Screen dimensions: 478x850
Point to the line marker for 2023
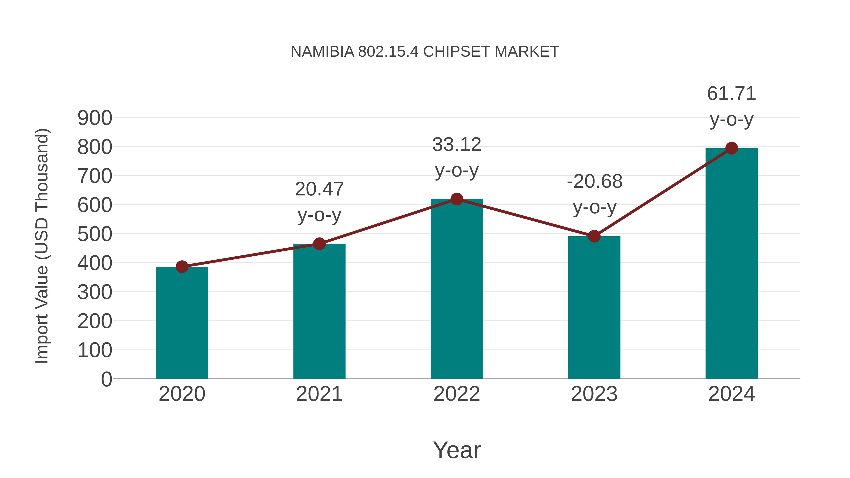[x=594, y=236]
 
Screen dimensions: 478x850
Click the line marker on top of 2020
[x=182, y=266]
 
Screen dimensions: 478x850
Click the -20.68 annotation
[x=595, y=182]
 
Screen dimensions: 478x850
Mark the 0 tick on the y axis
[x=106, y=379]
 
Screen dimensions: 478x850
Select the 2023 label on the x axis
[x=594, y=394]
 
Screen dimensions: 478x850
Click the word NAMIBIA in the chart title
[x=322, y=52]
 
